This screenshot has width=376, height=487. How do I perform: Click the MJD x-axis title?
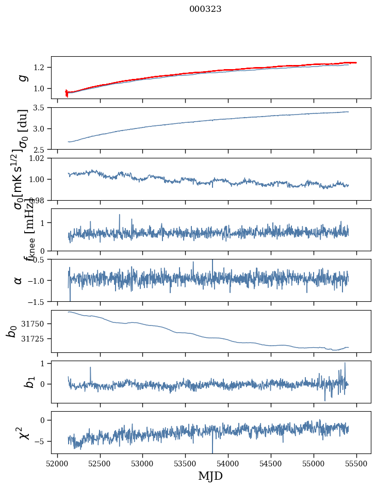210,476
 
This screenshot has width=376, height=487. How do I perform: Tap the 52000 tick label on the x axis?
57,464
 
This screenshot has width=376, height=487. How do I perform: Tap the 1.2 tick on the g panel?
41,68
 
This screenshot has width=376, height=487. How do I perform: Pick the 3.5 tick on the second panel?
41,108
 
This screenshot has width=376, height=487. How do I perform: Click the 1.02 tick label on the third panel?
39,158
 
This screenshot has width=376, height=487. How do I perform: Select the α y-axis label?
19,280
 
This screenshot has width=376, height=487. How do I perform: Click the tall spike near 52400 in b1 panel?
90,368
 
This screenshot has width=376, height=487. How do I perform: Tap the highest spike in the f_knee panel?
120,215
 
